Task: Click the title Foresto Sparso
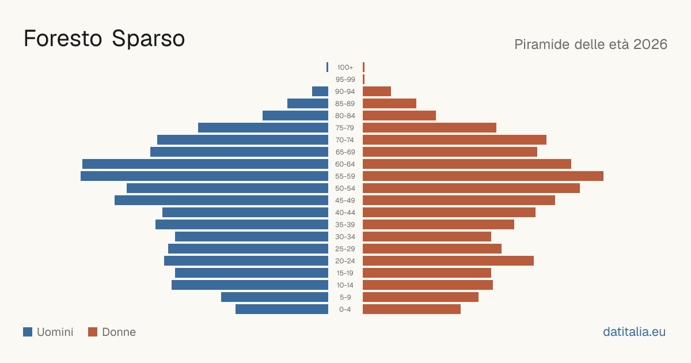coord(104,39)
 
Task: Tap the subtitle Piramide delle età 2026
coord(591,44)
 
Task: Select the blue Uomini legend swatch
coord(28,332)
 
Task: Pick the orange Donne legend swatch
coord(93,332)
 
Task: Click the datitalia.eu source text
coord(634,332)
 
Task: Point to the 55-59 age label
coord(345,176)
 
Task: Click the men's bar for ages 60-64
coord(205,164)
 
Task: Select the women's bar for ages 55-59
coord(483,176)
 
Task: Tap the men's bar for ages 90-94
coord(320,92)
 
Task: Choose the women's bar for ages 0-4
coord(412,309)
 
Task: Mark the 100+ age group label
coord(345,67)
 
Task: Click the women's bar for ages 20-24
coord(448,261)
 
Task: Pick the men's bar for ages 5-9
coord(275,297)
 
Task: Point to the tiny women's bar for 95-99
coord(364,80)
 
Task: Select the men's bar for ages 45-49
coord(222,201)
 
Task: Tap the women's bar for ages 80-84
coord(399,115)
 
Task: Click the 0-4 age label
coord(345,309)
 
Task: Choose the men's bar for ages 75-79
coord(263,128)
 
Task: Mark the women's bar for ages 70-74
coord(454,140)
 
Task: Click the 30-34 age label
coord(345,237)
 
